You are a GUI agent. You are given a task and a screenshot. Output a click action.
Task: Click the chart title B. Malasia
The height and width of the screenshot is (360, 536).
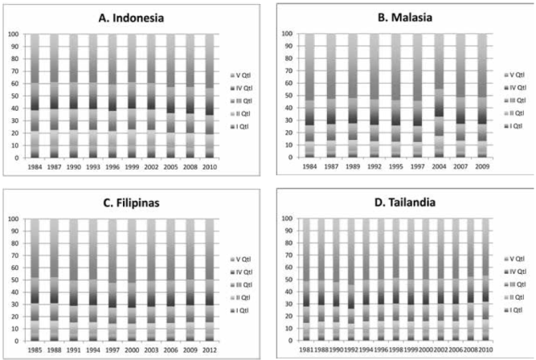398,16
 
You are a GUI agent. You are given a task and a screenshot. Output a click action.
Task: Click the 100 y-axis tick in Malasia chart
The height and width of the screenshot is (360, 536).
286,35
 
